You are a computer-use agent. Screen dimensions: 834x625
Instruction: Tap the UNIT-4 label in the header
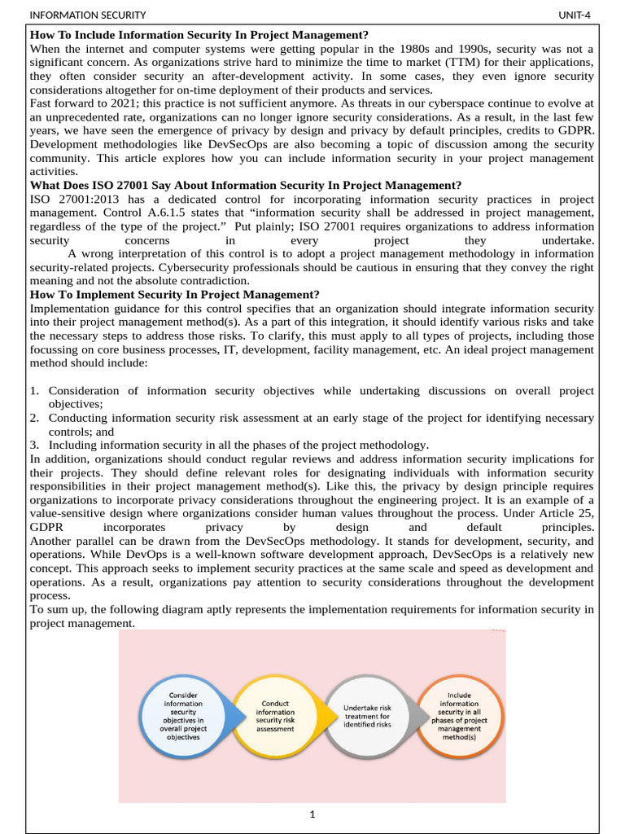tap(575, 15)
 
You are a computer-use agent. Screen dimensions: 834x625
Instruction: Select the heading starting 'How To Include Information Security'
tap(199, 35)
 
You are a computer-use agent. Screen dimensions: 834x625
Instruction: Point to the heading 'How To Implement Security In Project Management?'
tap(175, 294)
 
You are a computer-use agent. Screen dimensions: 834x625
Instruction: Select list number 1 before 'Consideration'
tap(35, 391)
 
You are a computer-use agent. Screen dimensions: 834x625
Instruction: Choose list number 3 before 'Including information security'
tap(35, 445)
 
